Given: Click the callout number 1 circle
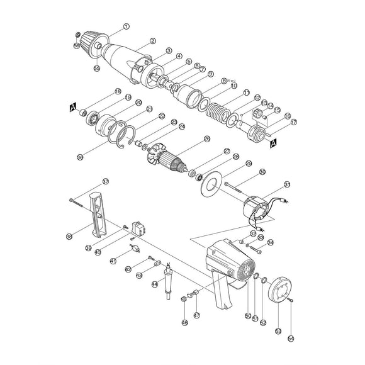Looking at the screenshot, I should (x=126, y=26).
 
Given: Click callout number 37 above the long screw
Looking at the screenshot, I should (x=106, y=182).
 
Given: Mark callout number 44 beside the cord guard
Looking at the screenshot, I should (x=154, y=284).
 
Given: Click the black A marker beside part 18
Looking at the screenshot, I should (x=74, y=107).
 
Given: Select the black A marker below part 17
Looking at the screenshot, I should (x=272, y=143).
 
